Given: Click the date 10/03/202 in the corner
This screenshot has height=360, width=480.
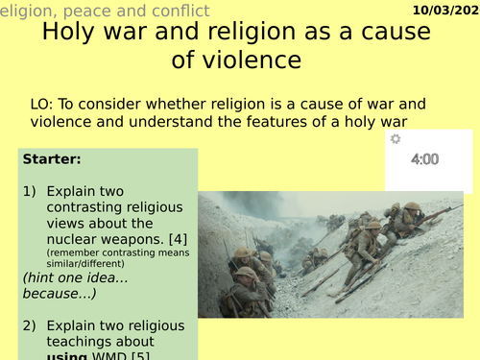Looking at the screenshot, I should [x=443, y=9].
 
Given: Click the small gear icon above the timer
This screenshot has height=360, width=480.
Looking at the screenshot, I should [x=395, y=139].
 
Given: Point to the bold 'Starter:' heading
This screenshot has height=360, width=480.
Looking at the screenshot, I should [x=50, y=158].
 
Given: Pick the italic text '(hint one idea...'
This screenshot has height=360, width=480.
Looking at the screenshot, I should [x=76, y=276].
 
